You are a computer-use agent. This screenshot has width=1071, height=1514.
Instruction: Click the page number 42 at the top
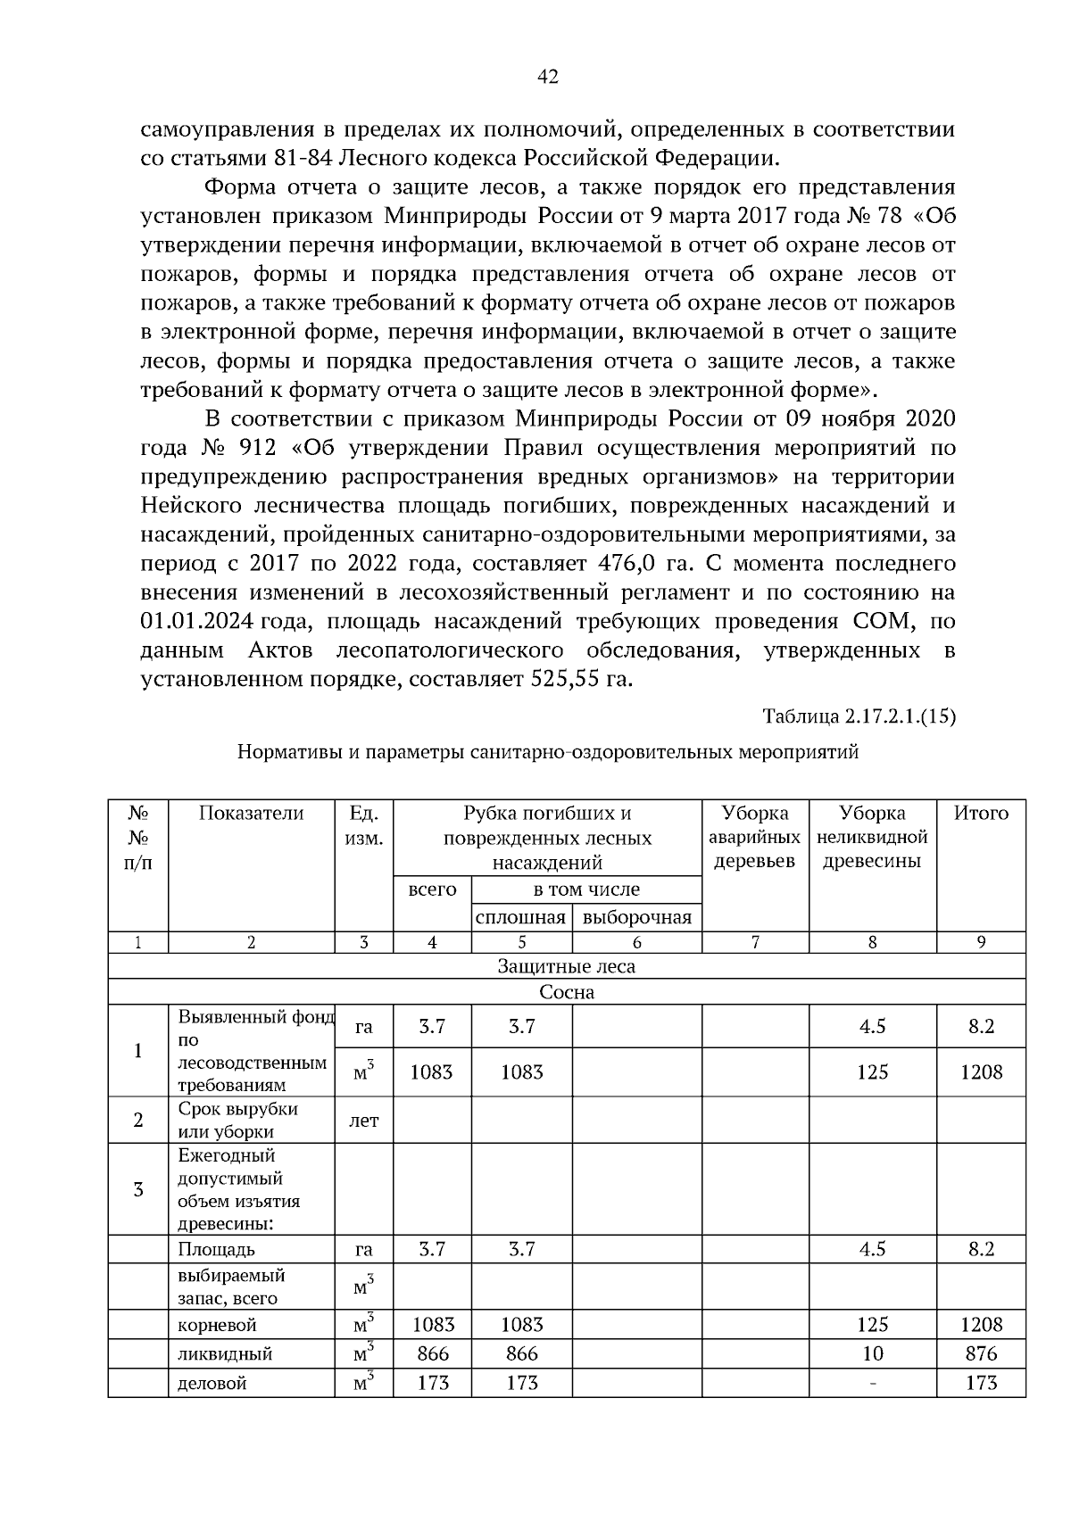coord(548,78)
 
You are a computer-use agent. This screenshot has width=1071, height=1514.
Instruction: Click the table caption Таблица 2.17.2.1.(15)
coord(859,716)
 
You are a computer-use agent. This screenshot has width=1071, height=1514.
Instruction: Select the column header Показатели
coord(251,813)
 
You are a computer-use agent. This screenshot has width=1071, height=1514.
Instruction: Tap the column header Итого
coord(981,813)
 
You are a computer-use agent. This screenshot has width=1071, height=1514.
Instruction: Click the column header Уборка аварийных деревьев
coord(754,837)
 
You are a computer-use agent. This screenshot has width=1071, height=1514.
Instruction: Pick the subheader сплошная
coord(521,918)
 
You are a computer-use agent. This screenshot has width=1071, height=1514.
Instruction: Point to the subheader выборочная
coord(636,918)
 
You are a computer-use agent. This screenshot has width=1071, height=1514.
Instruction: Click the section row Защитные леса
coord(566,966)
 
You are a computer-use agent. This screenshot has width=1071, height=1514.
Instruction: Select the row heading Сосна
coord(566,992)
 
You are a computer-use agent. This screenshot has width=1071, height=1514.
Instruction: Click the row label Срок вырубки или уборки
coord(237,1121)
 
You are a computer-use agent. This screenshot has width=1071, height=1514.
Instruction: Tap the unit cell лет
coord(363,1121)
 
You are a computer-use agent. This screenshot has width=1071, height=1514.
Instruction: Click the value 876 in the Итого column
coord(981,1353)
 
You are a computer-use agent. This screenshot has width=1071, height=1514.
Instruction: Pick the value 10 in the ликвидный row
coord(872,1353)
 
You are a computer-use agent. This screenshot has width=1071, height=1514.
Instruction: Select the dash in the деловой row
coord(872,1384)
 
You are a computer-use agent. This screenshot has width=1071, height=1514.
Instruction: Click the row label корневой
coord(217,1325)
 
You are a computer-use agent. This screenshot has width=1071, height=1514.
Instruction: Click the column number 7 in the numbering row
coord(754,942)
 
